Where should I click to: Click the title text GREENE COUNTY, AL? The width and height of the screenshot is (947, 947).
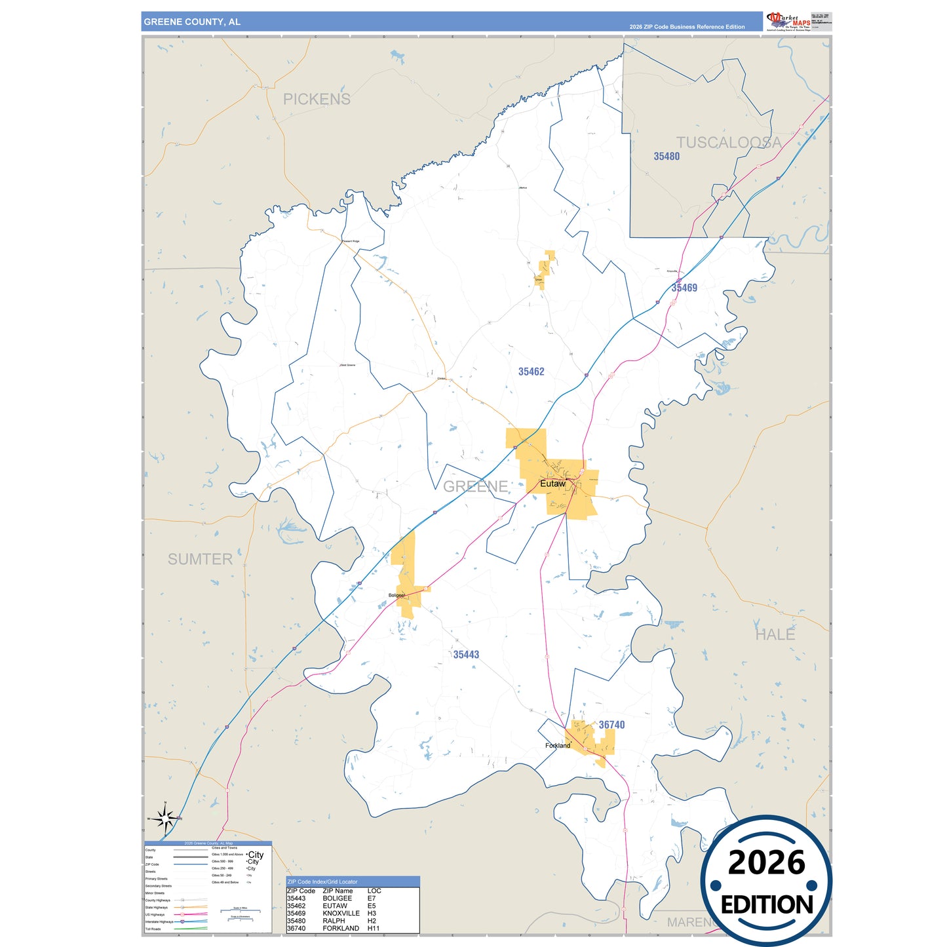(192, 22)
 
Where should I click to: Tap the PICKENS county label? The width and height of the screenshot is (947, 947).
(317, 99)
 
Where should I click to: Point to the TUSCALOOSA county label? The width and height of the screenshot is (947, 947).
(728, 142)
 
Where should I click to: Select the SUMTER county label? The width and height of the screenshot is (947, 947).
(200, 559)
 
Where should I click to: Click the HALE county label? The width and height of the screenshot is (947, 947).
(775, 634)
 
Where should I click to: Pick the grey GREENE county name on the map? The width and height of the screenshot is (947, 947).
(476, 486)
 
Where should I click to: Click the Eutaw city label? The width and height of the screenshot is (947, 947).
(552, 484)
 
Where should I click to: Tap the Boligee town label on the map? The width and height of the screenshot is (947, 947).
(396, 595)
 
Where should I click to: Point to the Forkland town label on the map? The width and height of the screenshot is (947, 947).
(558, 745)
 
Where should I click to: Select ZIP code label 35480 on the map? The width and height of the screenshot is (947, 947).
(667, 156)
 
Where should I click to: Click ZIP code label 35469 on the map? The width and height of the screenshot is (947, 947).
(684, 288)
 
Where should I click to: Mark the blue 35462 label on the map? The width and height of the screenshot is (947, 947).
(531, 372)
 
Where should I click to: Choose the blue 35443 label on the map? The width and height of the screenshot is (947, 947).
(466, 655)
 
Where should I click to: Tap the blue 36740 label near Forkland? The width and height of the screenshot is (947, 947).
(611, 725)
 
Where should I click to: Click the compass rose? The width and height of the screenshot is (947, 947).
(165, 817)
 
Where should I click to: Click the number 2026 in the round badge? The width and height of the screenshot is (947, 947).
(766, 862)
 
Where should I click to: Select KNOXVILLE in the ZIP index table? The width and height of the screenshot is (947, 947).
(341, 913)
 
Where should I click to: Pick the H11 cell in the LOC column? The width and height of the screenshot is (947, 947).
(374, 928)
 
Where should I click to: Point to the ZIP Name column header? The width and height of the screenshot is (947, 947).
(338, 891)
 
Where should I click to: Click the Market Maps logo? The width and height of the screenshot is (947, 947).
(788, 22)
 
